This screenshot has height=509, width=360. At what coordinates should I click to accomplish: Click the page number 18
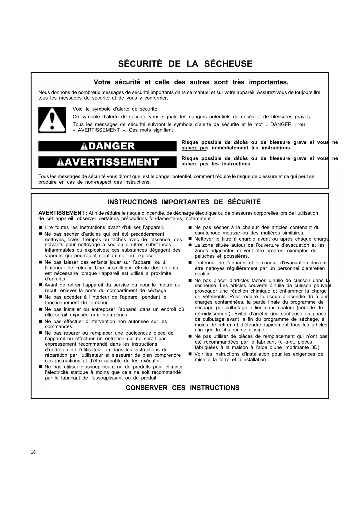click(33, 452)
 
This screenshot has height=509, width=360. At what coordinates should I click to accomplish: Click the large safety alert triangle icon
click(52, 120)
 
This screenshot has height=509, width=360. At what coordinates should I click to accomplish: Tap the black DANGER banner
click(107, 146)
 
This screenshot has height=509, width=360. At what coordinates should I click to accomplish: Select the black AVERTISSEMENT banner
click(107, 162)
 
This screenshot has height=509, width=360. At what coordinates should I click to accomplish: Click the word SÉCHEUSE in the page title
click(228, 64)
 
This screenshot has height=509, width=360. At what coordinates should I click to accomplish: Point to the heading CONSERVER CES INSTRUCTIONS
click(182, 388)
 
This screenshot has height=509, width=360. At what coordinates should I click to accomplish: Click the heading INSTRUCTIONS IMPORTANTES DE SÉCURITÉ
click(184, 202)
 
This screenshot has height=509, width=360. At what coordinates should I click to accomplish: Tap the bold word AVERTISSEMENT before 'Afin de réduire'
click(61, 213)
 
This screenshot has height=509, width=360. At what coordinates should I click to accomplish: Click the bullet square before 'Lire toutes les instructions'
click(40, 228)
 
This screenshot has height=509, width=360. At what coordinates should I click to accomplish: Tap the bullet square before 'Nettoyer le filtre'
click(190, 239)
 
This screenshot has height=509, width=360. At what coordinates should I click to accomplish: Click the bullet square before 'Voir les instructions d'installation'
click(190, 354)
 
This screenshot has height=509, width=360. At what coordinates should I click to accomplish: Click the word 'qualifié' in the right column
click(203, 274)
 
